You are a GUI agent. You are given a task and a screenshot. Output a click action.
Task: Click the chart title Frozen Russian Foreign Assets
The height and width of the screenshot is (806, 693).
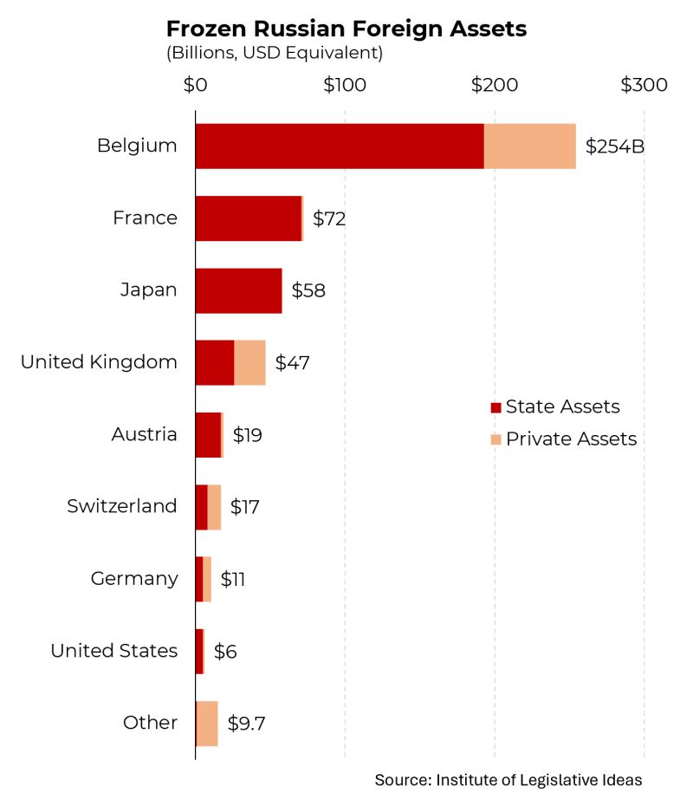346,29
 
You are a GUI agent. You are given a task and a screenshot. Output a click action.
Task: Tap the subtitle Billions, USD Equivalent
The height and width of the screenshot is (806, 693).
275,54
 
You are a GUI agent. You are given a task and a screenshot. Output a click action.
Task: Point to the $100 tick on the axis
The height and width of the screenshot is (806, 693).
345,85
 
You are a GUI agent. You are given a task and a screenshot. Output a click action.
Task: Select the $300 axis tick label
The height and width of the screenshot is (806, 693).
644,85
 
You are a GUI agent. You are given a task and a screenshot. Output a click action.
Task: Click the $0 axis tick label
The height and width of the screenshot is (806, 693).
195,85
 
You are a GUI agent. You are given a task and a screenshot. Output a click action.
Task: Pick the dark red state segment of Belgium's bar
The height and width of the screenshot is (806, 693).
339,146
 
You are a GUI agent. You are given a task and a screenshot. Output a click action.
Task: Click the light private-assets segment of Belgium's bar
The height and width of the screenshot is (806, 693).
530,146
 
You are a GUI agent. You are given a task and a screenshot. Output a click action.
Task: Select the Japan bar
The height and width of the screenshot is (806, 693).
238,290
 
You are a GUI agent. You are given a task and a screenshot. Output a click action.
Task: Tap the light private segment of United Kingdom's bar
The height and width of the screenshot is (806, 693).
249,362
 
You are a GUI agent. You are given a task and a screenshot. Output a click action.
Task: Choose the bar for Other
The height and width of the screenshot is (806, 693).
207,723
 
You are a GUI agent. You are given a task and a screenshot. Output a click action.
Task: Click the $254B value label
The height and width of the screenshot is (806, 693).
615,146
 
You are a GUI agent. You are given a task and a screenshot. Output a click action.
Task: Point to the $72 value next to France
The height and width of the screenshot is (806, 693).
329,218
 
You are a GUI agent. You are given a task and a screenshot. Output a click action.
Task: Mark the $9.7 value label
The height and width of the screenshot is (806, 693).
246,723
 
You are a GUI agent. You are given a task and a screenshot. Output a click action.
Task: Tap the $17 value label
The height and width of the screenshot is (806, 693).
245,506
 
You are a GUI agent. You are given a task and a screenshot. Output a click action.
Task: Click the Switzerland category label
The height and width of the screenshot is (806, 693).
122,506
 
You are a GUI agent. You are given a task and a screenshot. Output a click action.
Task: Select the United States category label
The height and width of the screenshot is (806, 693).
113,651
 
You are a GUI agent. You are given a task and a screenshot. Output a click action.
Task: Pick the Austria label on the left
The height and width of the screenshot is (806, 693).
144,434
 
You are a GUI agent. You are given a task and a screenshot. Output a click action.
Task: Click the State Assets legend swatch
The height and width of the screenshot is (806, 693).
495,407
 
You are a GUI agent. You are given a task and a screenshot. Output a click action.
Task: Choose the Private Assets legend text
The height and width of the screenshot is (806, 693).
571,439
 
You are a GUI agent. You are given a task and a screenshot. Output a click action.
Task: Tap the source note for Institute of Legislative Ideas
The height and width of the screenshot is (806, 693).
508,780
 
